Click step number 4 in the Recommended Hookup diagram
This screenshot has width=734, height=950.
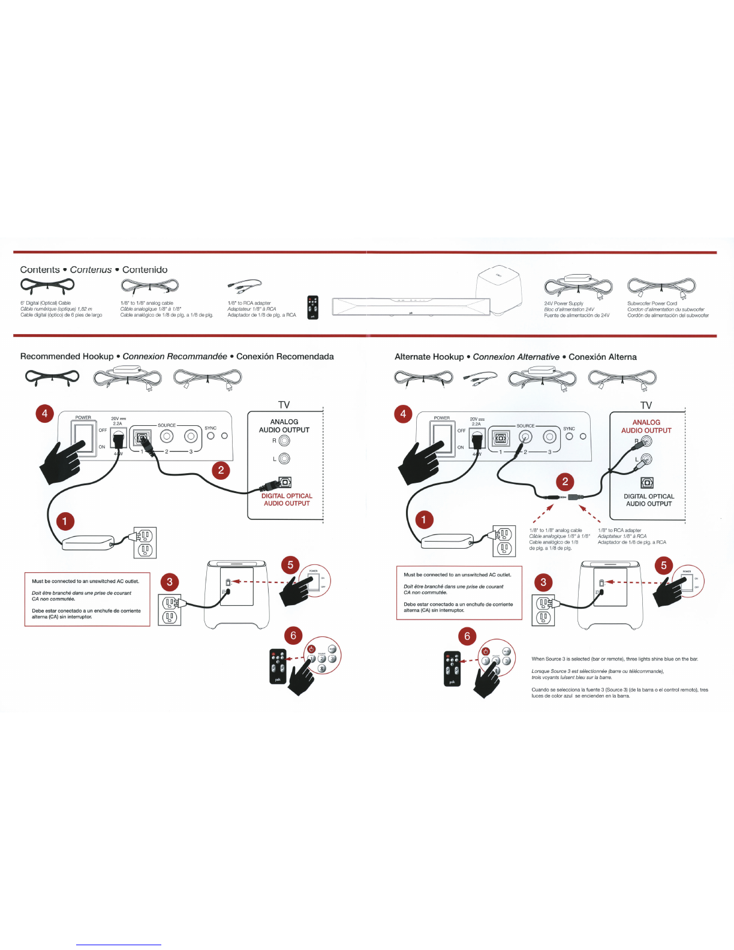(44, 413)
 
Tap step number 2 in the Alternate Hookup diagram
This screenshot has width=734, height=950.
(564, 481)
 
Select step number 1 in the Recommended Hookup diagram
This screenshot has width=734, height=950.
(65, 521)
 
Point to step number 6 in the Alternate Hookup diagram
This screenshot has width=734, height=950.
(467, 636)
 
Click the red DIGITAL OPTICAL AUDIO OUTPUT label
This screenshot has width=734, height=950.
(287, 500)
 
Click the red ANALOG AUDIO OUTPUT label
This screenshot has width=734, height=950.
(646, 426)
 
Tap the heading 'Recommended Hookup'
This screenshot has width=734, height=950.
(67, 356)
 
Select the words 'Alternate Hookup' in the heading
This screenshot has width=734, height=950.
(429, 357)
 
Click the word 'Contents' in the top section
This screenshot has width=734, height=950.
(40, 270)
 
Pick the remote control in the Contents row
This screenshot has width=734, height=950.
(312, 308)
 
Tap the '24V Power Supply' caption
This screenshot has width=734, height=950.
(563, 303)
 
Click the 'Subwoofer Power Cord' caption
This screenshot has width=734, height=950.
(652, 303)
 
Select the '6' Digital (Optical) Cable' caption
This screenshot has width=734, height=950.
(46, 303)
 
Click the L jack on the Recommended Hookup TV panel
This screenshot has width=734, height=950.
(284, 459)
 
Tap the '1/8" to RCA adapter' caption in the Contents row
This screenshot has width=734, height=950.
(249, 303)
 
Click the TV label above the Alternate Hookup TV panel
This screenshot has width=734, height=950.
(646, 405)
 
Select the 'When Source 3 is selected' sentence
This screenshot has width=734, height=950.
(614, 659)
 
